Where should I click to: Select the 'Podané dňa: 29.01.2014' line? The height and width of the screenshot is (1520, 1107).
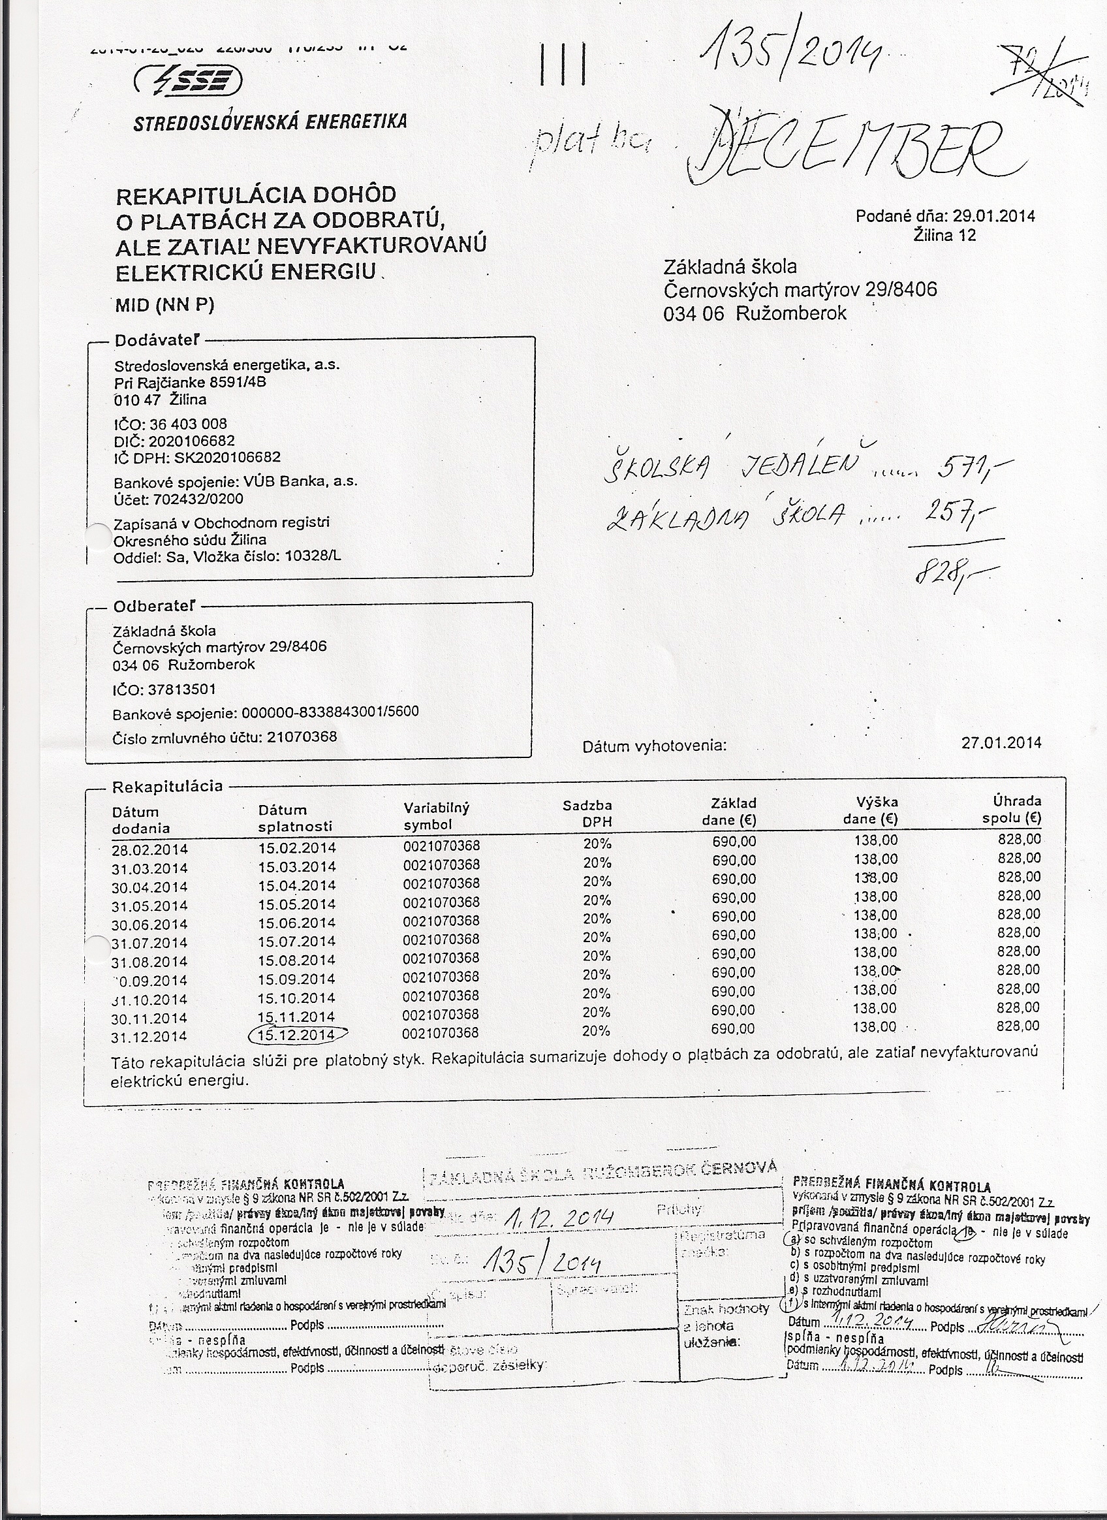(x=945, y=217)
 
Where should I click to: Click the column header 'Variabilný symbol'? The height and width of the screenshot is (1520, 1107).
(x=436, y=816)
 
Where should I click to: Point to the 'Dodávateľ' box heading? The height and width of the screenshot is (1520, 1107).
(x=157, y=340)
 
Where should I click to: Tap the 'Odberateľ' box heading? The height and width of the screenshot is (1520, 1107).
(x=155, y=607)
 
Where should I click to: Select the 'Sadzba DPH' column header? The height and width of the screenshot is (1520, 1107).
(x=587, y=814)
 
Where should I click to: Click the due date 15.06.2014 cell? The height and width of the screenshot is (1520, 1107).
(x=297, y=922)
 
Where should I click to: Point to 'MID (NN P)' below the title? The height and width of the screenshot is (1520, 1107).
(x=165, y=305)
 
